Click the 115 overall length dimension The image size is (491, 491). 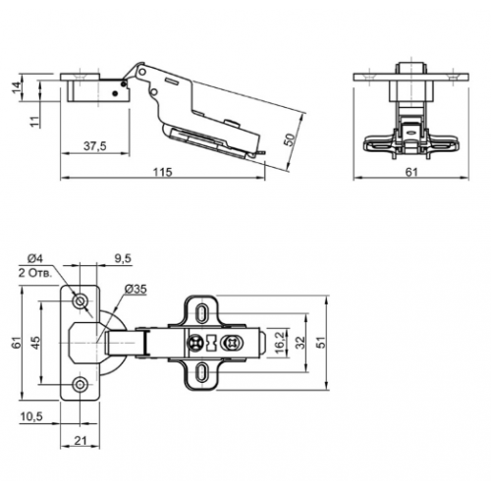[x=162, y=172]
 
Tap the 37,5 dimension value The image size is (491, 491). [x=93, y=144]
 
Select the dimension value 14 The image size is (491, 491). [x=17, y=87]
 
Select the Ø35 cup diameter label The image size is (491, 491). [x=136, y=290]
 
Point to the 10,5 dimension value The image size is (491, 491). [x=33, y=417]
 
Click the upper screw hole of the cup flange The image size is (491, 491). [x=81, y=299]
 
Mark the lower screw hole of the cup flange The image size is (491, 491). [x=81, y=384]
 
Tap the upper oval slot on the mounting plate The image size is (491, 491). [x=202, y=310]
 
